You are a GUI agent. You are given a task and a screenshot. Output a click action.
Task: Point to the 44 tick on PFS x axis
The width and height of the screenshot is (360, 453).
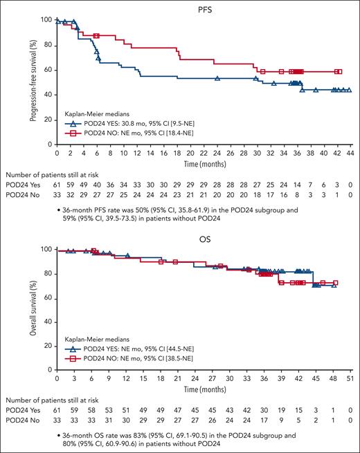point(349,151)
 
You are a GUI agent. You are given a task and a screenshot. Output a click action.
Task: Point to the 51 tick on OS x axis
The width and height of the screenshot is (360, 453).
point(351,380)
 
